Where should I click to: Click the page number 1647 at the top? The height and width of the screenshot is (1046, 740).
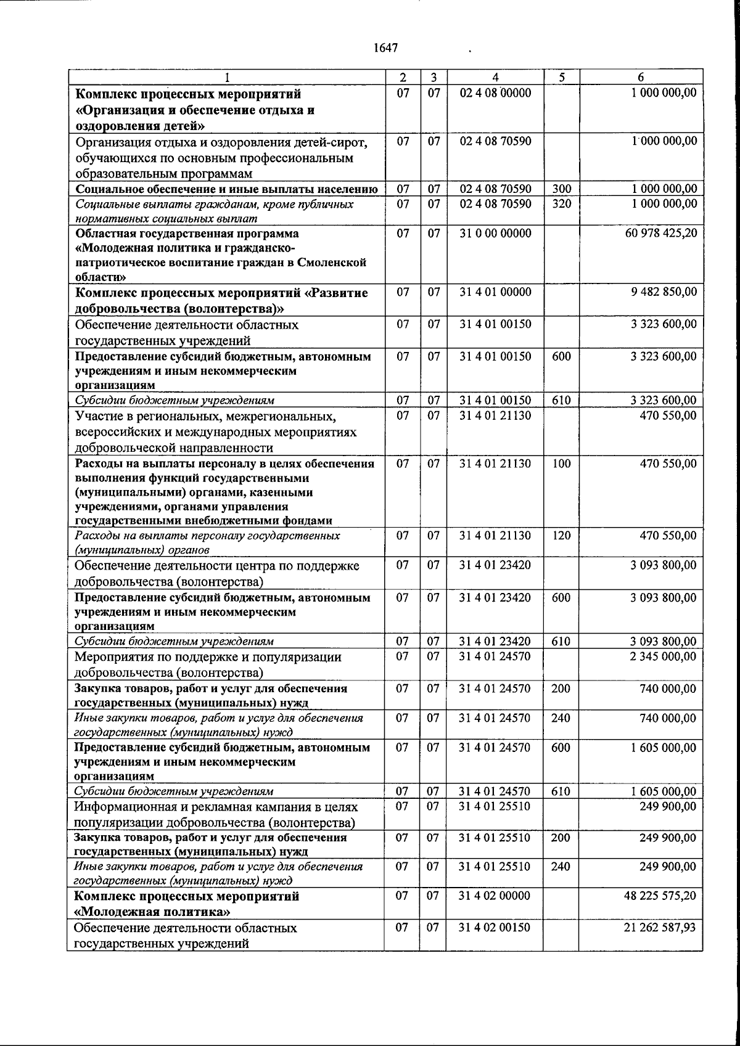click(x=386, y=47)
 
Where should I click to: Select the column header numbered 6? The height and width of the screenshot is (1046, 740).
click(x=641, y=78)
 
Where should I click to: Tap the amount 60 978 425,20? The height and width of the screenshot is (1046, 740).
click(x=661, y=234)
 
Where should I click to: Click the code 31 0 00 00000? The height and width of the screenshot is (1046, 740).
click(x=495, y=234)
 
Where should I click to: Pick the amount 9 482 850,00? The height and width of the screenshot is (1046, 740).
click(x=664, y=292)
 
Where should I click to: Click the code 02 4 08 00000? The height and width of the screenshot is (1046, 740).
click(x=495, y=94)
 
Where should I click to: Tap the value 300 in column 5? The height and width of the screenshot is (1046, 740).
click(x=561, y=189)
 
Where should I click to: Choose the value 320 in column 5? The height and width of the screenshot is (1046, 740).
click(x=561, y=203)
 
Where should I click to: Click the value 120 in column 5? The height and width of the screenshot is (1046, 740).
click(x=561, y=536)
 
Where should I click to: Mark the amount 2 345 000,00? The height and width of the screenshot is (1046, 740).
click(x=664, y=657)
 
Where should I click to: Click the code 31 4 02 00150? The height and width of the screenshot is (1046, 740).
click(x=495, y=927)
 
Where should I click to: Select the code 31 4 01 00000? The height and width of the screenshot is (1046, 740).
click(x=495, y=292)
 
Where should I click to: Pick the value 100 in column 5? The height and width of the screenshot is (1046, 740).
click(x=561, y=464)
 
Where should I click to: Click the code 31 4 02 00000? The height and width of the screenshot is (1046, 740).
click(x=495, y=896)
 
